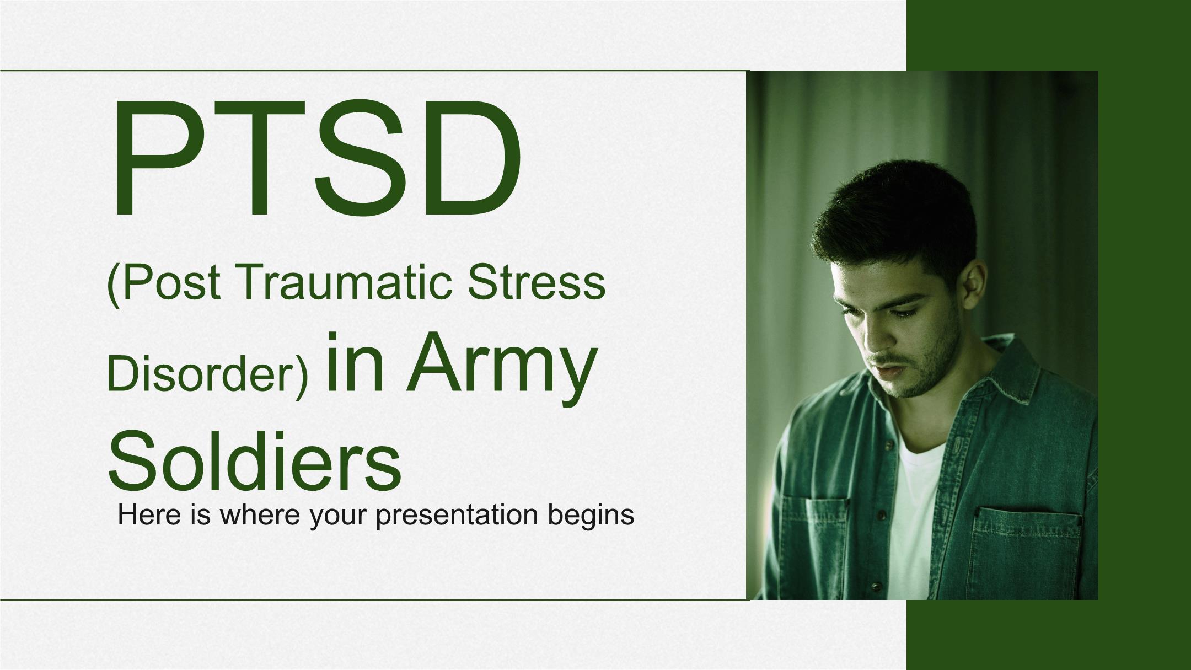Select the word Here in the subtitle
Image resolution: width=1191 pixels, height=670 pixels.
pyautogui.click(x=144, y=514)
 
